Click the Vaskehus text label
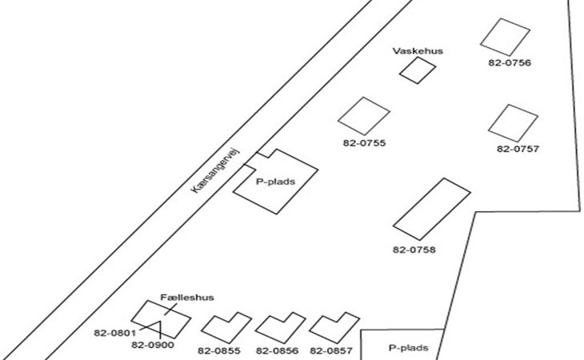tap(418, 51)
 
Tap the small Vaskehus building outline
tap(413, 70)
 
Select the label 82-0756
tap(510, 62)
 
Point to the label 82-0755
tap(364, 143)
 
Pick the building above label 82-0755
tap(363, 116)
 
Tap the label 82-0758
tap(414, 250)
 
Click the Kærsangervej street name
tap(222, 174)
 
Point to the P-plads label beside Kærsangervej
tap(275, 182)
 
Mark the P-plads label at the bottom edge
tap(409, 348)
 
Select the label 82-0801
tap(114, 332)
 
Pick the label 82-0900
tap(152, 346)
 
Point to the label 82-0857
tap(331, 350)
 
